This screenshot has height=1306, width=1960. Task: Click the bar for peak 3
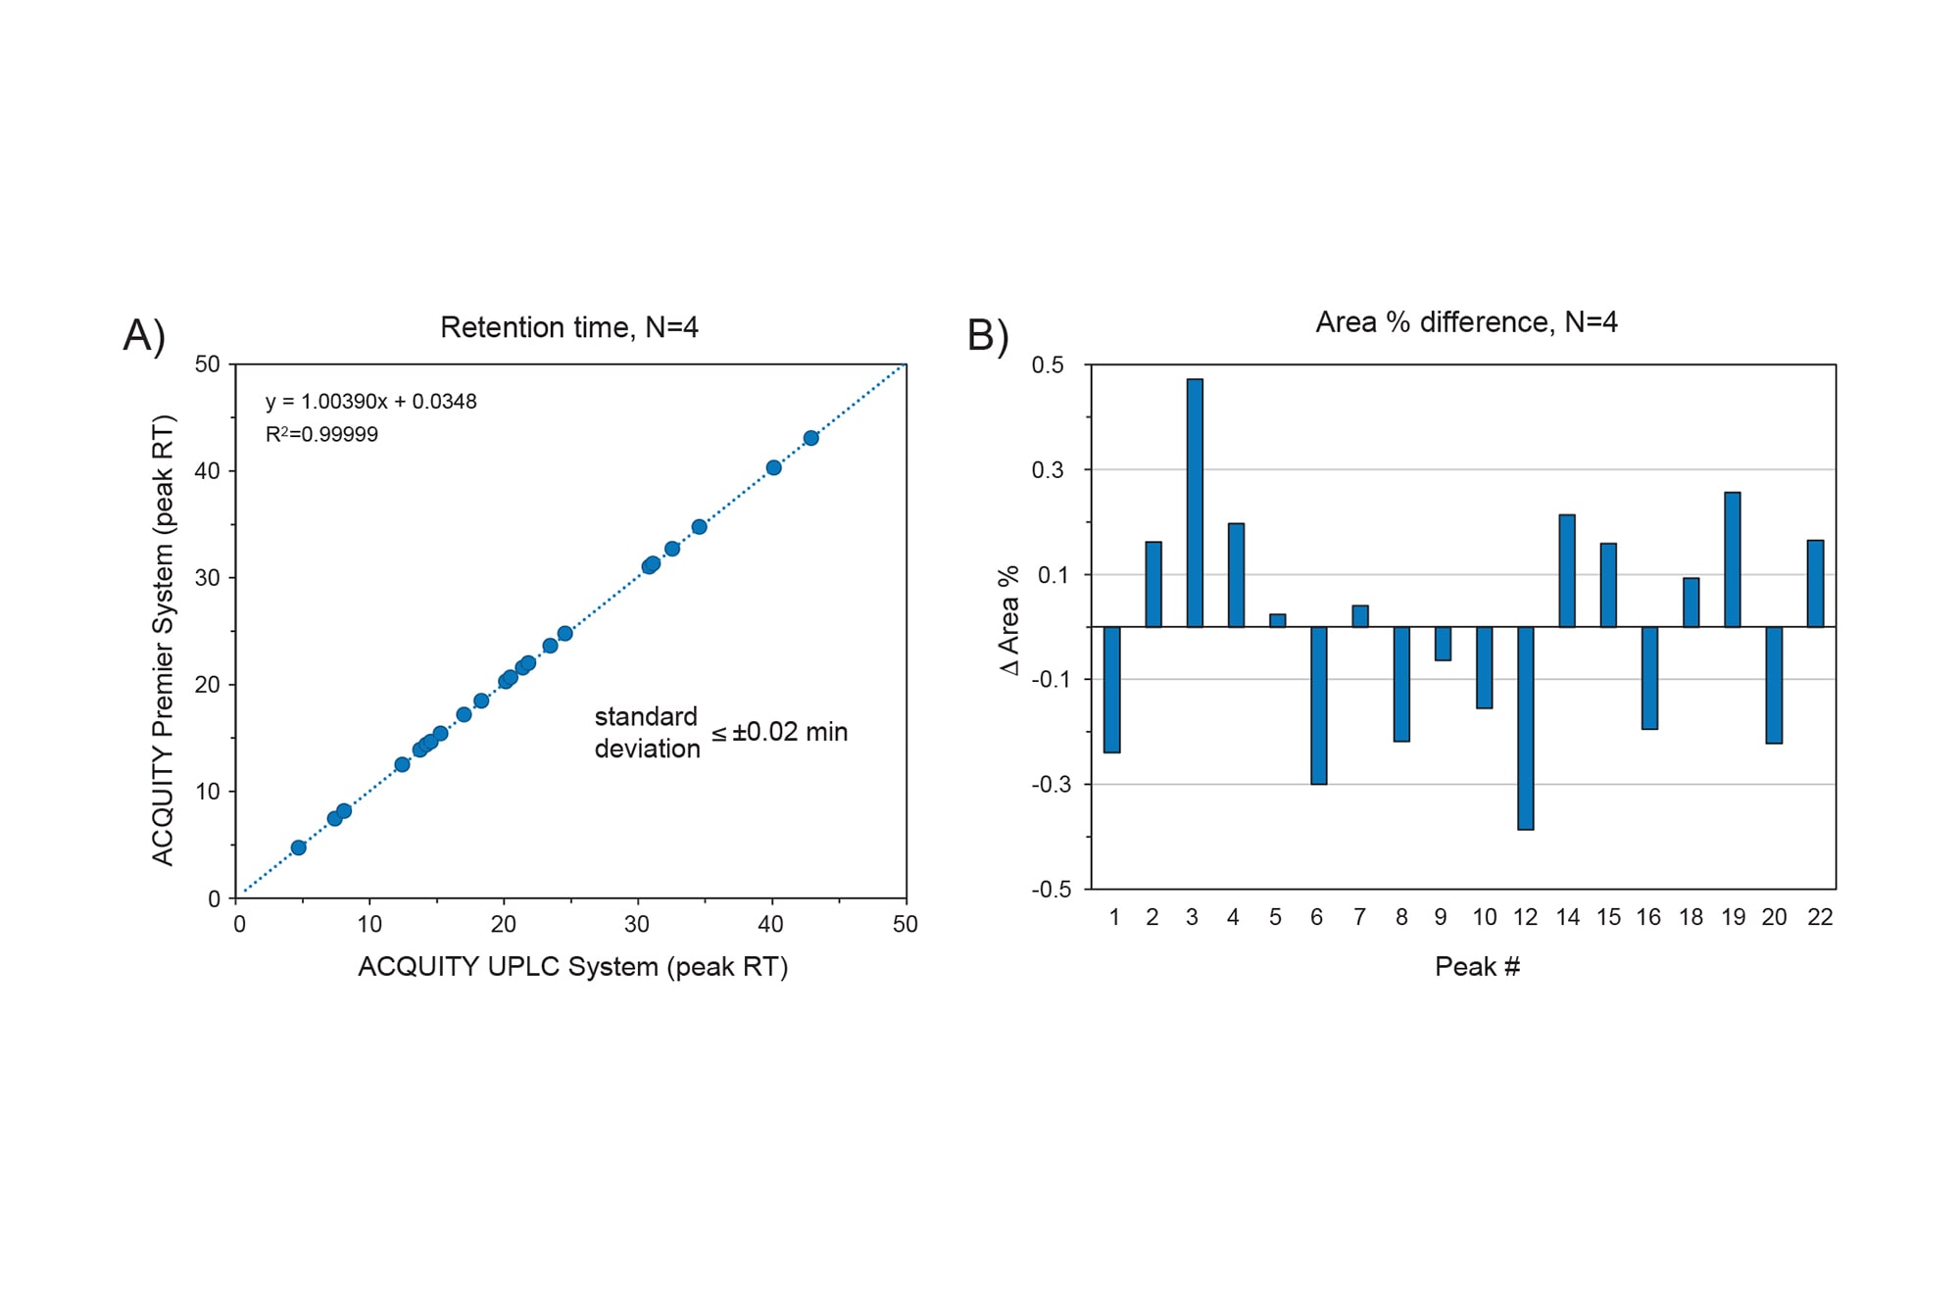pyautogui.click(x=1195, y=503)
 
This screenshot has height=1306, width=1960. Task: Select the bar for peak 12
pyautogui.click(x=1526, y=728)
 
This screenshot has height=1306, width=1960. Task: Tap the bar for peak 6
pyautogui.click(x=1319, y=705)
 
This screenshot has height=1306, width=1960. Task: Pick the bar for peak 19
pyautogui.click(x=1733, y=559)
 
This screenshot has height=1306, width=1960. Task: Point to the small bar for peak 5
pyautogui.click(x=1278, y=620)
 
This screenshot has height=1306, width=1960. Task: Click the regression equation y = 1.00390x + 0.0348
pyautogui.click(x=370, y=402)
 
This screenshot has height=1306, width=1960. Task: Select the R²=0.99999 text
pyautogui.click(x=321, y=434)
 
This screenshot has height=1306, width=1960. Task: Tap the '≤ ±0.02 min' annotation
pyautogui.click(x=780, y=732)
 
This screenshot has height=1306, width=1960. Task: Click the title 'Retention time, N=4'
pyautogui.click(x=568, y=327)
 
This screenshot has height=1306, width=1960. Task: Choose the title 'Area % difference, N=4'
pyautogui.click(x=1466, y=322)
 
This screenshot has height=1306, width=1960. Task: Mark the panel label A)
pyautogui.click(x=144, y=335)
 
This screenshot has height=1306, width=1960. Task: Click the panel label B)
pyautogui.click(x=988, y=335)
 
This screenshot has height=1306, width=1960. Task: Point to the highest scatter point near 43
pyautogui.click(x=810, y=438)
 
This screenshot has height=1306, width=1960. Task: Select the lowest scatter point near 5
pyautogui.click(x=299, y=847)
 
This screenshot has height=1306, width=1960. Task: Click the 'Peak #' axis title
pyautogui.click(x=1477, y=967)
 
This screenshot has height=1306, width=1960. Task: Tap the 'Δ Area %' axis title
pyautogui.click(x=1009, y=620)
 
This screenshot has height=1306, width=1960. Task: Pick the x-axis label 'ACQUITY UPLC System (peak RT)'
pyautogui.click(x=572, y=967)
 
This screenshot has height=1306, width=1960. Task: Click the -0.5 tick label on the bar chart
pyautogui.click(x=1052, y=890)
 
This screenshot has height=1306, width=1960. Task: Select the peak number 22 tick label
pyautogui.click(x=1820, y=917)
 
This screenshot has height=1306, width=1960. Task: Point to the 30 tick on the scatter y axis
pyautogui.click(x=208, y=578)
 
